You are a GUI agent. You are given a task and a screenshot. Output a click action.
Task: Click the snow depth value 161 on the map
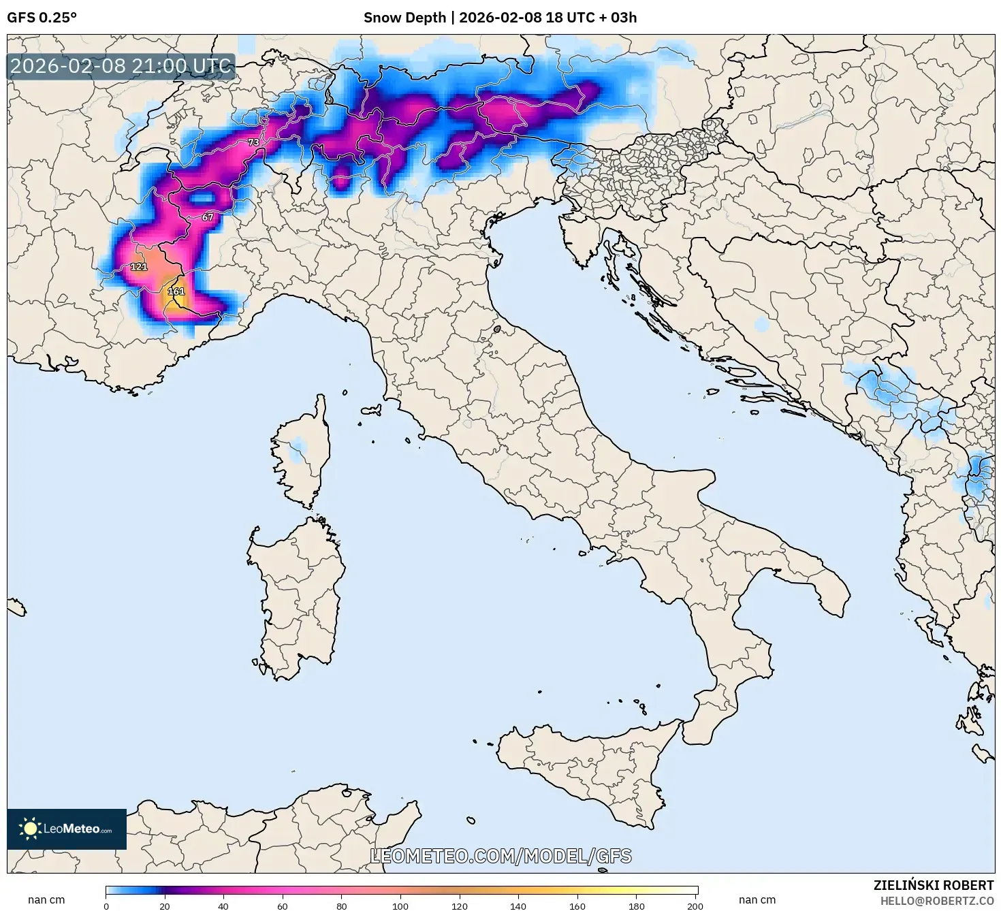tap(176, 291)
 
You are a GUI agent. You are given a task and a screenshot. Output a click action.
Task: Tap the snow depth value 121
tap(139, 266)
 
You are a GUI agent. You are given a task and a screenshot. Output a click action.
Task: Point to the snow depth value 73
tap(253, 142)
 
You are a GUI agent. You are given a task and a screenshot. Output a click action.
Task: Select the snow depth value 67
tap(208, 217)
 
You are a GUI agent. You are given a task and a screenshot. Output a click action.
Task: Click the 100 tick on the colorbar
tap(400, 906)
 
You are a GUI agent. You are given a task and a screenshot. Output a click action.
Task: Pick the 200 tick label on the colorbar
tap(695, 906)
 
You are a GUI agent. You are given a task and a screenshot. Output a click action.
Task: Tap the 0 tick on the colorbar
tap(106, 906)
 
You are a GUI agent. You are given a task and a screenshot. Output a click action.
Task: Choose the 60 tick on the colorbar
tap(283, 906)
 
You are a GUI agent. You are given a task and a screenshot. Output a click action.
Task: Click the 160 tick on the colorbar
tap(577, 906)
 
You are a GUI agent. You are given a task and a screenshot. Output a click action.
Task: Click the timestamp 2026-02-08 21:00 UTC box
tap(121, 66)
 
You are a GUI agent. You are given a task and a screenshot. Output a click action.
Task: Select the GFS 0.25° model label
tap(42, 18)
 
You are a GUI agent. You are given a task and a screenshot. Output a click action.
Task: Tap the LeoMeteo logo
tap(67, 829)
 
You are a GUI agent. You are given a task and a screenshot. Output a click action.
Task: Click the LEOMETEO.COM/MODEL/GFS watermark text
tap(500, 856)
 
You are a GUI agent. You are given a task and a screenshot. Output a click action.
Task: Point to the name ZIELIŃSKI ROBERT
tap(933, 885)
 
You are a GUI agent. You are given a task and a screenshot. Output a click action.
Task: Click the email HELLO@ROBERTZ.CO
tap(937, 901)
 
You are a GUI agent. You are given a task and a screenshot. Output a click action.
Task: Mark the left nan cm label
tap(46, 900)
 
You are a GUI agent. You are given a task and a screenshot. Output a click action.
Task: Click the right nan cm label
tap(757, 900)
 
